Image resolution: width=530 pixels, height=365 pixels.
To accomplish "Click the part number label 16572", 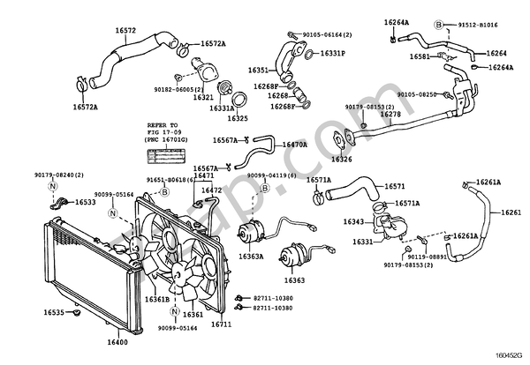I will pos(126,30).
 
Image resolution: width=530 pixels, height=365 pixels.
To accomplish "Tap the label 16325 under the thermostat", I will pos(237,117).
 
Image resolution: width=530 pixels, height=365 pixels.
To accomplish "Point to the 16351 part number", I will pos(257,69).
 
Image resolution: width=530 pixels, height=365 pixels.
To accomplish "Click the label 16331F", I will pos(332,53).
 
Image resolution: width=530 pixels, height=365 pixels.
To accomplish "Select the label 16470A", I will pos(294,143).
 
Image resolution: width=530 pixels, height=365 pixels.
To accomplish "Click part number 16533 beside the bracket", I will pos(86,202).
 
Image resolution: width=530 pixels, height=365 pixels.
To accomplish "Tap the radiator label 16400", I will pos(117,341).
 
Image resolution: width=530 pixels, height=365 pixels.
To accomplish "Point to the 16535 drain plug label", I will pos(55,312).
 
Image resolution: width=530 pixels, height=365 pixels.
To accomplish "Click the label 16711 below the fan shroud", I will pos(220,324).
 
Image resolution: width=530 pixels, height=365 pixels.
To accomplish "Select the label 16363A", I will pos(250,257).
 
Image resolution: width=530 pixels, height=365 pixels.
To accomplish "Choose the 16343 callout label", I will pos(354,221).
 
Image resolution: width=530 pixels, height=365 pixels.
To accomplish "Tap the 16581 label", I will pos(420,57).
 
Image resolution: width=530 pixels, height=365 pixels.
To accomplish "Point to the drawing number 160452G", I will pos(509,358).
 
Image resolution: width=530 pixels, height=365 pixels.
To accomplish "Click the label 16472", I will pos(212,190).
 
